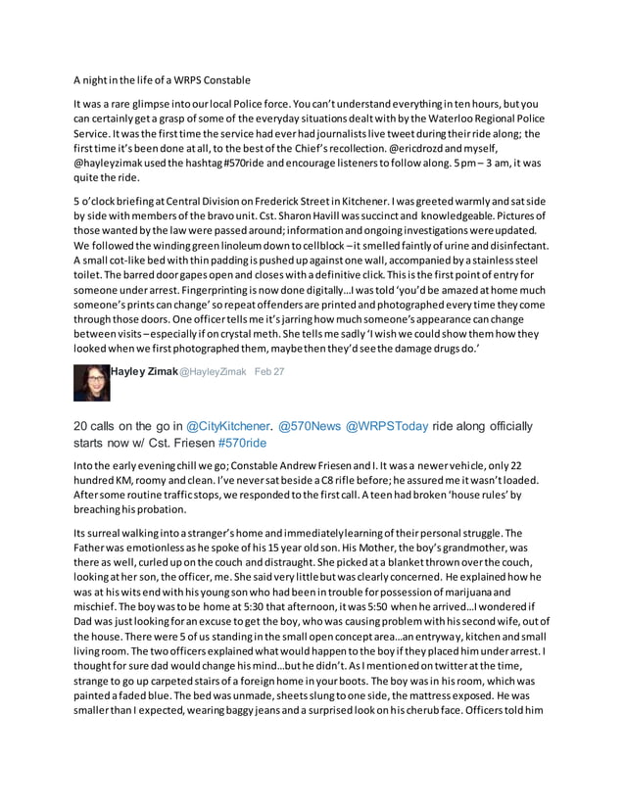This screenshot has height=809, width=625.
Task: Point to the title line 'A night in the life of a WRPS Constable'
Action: click(163, 79)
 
